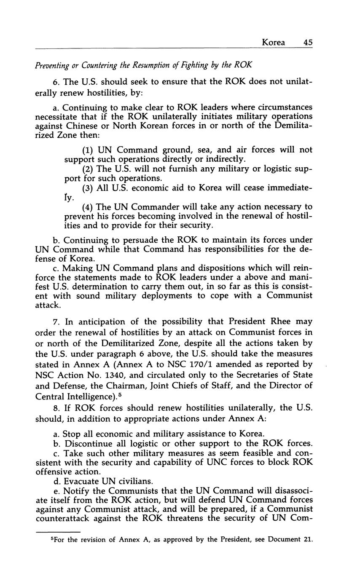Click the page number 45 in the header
(x=307, y=43)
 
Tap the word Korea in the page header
(x=273, y=43)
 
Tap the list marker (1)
(x=88, y=150)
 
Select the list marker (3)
(x=88, y=188)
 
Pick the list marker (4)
(x=88, y=207)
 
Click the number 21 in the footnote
(x=308, y=540)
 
